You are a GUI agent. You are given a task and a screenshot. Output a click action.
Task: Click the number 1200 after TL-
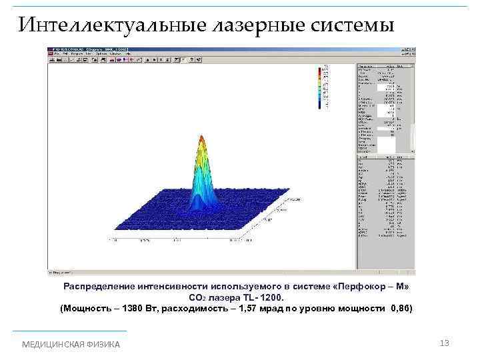(x=271, y=297)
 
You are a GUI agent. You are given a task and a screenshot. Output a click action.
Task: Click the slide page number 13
(x=445, y=343)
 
